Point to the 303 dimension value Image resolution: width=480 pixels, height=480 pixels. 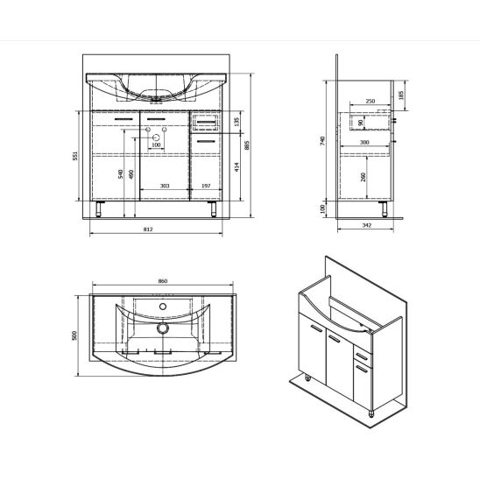[x=164, y=186]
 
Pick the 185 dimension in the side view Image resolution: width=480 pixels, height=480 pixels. [x=401, y=94]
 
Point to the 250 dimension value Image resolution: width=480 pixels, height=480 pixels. [x=370, y=102]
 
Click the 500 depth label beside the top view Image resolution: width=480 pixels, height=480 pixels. [x=76, y=336]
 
